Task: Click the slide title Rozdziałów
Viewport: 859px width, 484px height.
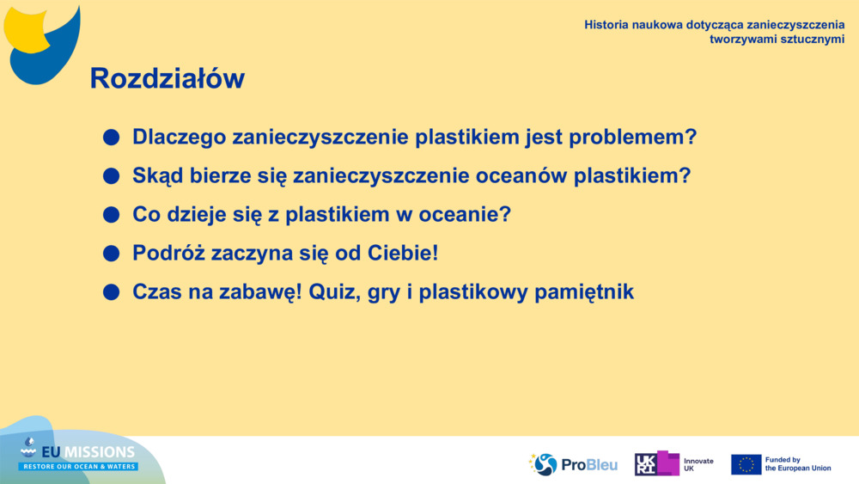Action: pyautogui.click(x=167, y=79)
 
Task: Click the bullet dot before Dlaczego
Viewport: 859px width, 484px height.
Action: pyautogui.click(x=111, y=138)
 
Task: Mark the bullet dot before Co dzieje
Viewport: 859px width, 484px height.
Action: pyautogui.click(x=111, y=215)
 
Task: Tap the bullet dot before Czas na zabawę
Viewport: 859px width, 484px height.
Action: pyautogui.click(x=111, y=292)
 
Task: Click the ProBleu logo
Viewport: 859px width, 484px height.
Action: pyautogui.click(x=573, y=464)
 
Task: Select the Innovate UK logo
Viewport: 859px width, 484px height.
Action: pyautogui.click(x=674, y=464)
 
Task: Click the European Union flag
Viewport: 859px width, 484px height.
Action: pyautogui.click(x=746, y=464)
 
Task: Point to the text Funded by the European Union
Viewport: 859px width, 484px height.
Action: pyautogui.click(x=798, y=464)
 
